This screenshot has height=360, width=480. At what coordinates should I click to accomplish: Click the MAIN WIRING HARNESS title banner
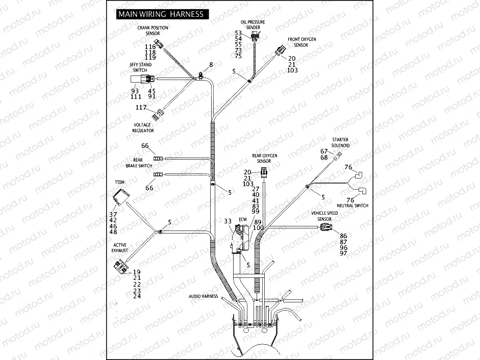point(161,14)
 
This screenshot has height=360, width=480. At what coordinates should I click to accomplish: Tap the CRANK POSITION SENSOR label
point(153,30)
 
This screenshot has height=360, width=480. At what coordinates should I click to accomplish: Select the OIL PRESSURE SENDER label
point(253,25)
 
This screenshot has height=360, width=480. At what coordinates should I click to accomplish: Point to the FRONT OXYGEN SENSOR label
point(301,42)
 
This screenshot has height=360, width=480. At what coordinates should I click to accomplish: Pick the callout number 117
point(141,107)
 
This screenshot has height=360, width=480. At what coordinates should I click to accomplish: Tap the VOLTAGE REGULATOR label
point(143,127)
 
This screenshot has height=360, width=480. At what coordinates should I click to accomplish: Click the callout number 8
point(210,65)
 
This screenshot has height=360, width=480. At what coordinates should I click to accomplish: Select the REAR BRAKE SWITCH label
point(139,163)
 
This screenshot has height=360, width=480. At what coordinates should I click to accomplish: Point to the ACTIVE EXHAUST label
point(120,248)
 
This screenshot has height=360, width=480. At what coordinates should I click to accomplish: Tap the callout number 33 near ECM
point(228,221)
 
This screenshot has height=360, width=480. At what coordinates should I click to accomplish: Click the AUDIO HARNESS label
point(203,296)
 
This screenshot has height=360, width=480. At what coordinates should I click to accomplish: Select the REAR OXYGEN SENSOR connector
point(264,172)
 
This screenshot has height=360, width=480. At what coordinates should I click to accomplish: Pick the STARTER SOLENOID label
point(340,142)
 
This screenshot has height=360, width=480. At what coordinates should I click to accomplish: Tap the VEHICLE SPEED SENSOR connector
point(325,227)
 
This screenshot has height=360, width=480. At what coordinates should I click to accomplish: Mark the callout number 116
point(150,46)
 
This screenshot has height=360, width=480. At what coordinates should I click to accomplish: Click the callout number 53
point(238,33)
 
